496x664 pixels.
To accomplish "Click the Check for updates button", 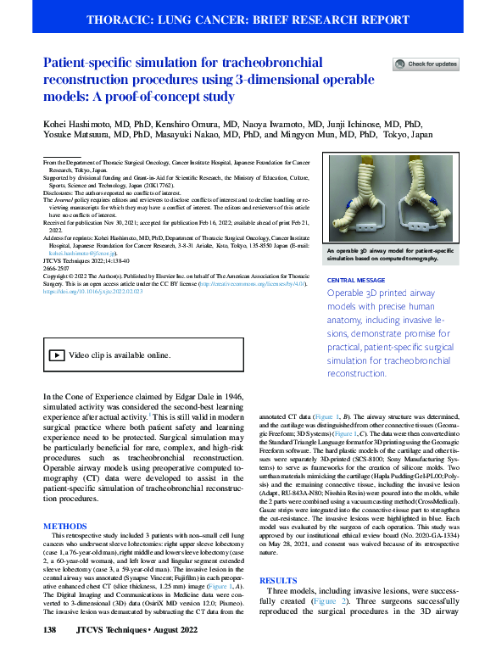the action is (426, 64).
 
